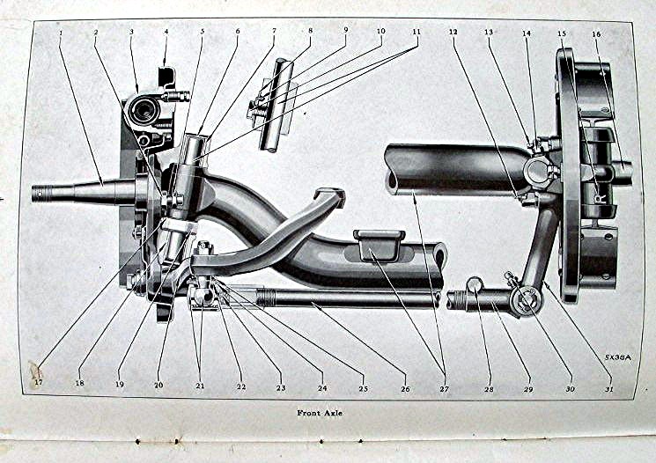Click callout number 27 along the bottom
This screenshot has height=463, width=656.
tap(444, 388)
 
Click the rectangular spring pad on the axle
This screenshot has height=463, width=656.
tap(379, 244)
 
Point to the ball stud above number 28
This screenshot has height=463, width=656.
tap(474, 284)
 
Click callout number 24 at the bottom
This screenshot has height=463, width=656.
tap(322, 387)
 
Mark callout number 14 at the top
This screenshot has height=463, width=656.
tap(526, 33)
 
